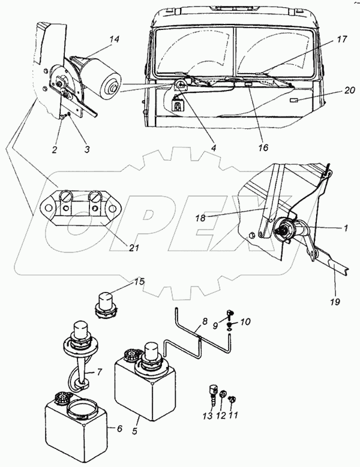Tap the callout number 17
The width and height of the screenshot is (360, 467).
click(342, 39)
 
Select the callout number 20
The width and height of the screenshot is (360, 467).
click(349, 90)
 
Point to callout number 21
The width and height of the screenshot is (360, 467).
click(134, 247)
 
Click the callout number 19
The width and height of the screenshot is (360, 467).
click(335, 302)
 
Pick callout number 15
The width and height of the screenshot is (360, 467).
click(139, 281)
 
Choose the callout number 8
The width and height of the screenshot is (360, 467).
click(205, 321)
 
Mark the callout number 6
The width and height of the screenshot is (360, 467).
click(119, 429)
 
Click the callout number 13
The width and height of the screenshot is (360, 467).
click(208, 415)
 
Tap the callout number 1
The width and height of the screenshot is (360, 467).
click(346, 228)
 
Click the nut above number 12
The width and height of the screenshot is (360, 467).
click(223, 396)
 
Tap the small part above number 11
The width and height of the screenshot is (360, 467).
click(232, 399)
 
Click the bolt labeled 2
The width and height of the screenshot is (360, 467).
click(63, 117)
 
